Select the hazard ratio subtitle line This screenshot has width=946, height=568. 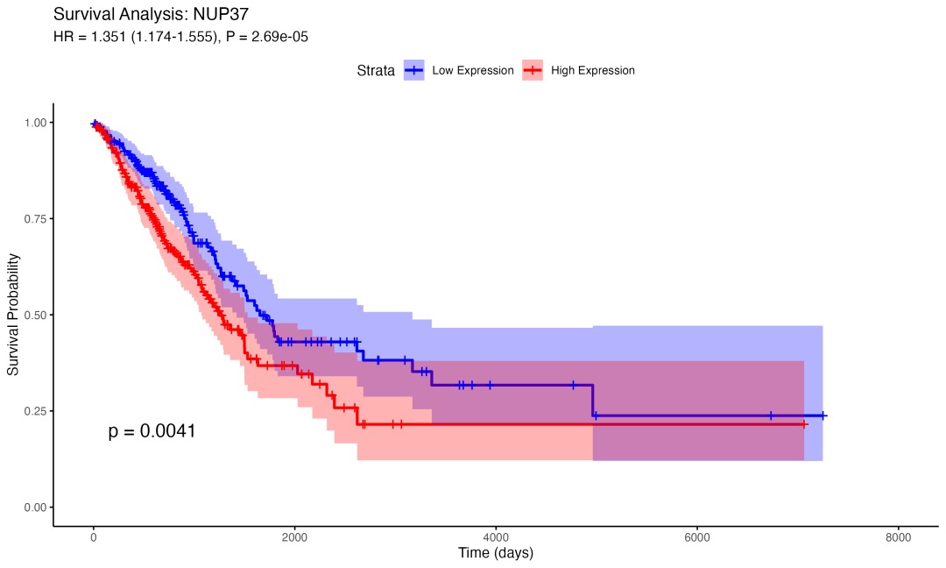pyautogui.click(x=180, y=37)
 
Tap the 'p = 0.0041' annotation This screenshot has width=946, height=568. pyautogui.click(x=152, y=431)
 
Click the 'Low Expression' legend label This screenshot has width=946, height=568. pyautogui.click(x=473, y=70)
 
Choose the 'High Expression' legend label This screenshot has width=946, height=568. pyautogui.click(x=593, y=70)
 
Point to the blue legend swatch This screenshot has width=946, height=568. pyautogui.click(x=414, y=70)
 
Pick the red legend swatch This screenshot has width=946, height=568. pyautogui.click(x=533, y=70)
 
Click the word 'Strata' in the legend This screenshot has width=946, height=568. pyautogui.click(x=375, y=70)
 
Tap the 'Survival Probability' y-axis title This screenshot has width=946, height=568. pyautogui.click(x=14, y=315)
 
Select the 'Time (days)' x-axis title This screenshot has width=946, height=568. pyautogui.click(x=496, y=553)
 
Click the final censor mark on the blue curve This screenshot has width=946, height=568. pyautogui.click(x=822, y=415)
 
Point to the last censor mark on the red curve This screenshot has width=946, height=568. pyautogui.click(x=804, y=424)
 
